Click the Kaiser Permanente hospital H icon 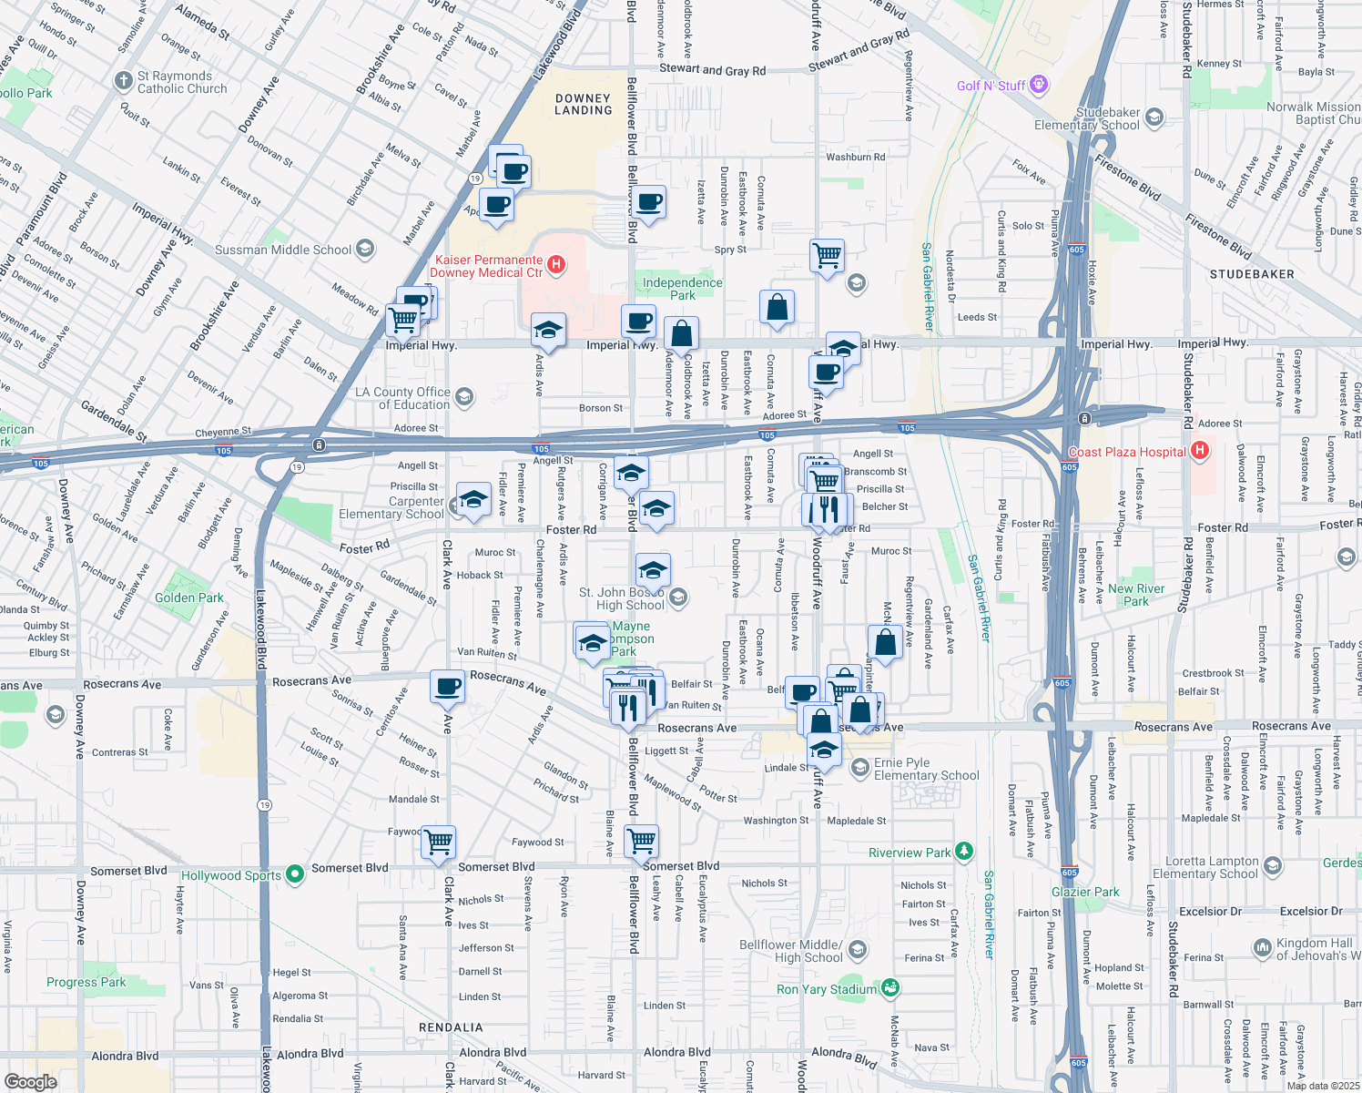(x=556, y=265)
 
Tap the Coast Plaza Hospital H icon (x=1200, y=450)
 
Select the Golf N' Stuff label (x=991, y=86)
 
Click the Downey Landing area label (x=584, y=104)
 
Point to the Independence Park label (x=682, y=289)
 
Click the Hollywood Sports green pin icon (x=294, y=874)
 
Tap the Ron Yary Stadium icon (x=890, y=988)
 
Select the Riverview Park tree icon (x=964, y=852)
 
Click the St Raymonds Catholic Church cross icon (x=124, y=81)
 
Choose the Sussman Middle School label (x=282, y=250)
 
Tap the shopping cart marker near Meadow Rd (x=402, y=319)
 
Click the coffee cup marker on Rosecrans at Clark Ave (x=447, y=687)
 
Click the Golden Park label (x=188, y=598)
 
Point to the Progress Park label (x=86, y=982)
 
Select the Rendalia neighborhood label (x=451, y=1027)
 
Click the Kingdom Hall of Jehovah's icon (x=1262, y=948)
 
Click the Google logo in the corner (x=30, y=1081)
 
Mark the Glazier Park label (x=1085, y=892)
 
